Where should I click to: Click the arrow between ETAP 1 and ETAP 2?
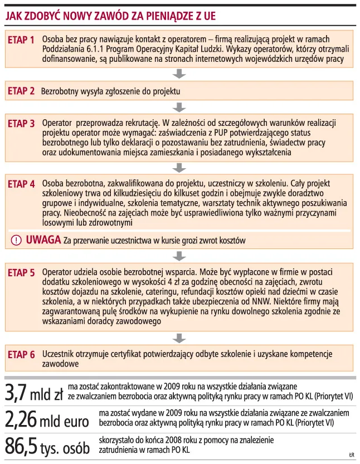point(179,74)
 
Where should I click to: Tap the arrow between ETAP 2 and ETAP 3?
point(179,106)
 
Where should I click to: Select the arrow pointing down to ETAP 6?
point(179,338)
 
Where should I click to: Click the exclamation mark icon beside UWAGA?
point(17,240)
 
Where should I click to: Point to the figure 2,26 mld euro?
point(47,419)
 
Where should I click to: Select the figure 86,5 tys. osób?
point(47,446)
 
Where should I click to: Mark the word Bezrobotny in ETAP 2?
point(61,90)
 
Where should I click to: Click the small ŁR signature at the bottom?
point(352,456)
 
